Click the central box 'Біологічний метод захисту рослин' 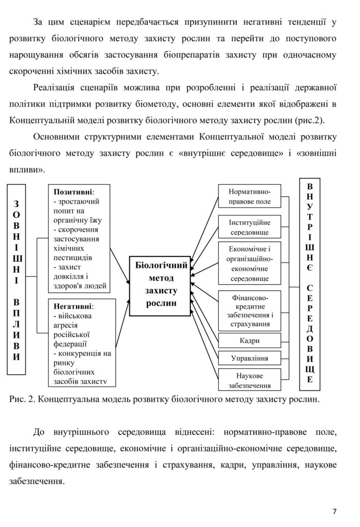161,284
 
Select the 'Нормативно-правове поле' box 249,196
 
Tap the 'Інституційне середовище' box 249,227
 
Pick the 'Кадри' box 249,341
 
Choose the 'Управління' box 249,358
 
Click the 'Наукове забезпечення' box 249,380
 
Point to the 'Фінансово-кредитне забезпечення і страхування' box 249,310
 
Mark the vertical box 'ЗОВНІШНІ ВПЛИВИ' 17,280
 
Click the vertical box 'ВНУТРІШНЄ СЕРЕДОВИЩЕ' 310,283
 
